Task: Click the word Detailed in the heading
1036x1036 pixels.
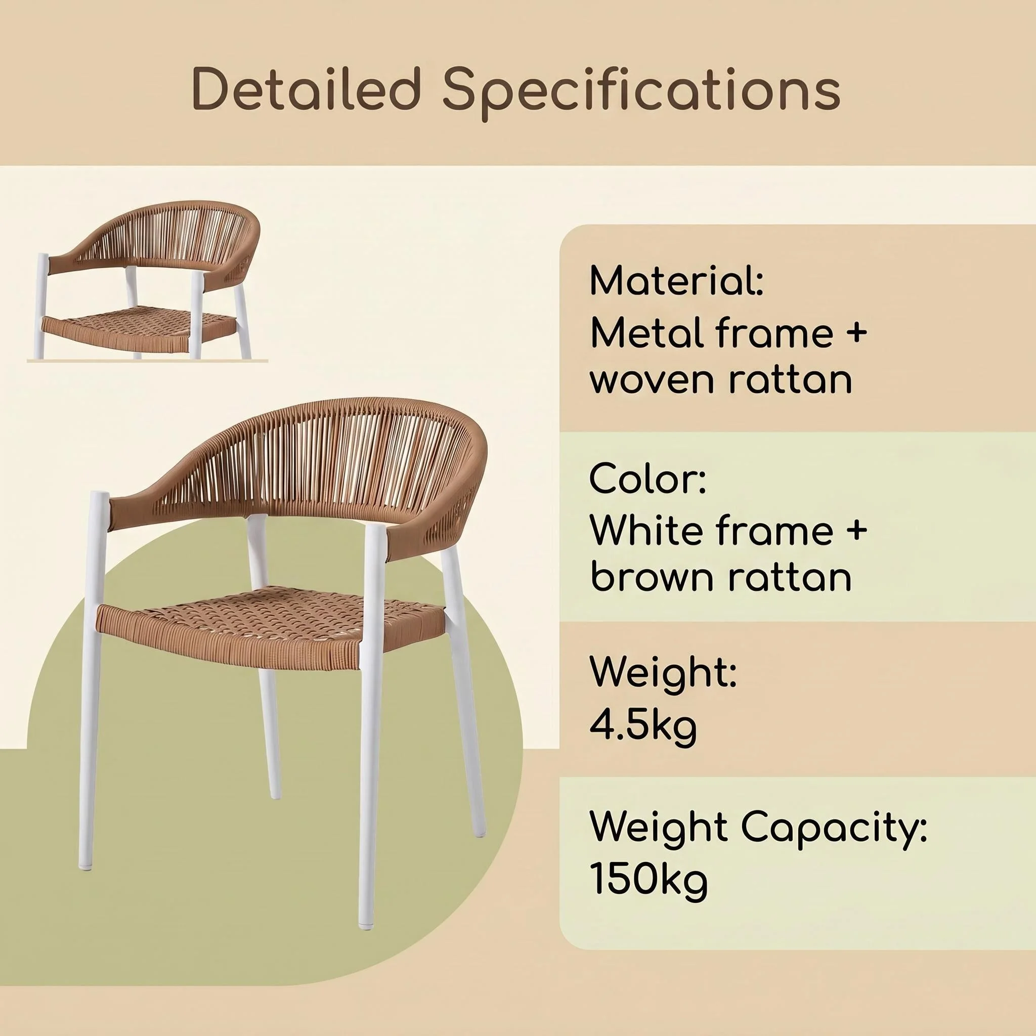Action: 305,89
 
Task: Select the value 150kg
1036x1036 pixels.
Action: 649,882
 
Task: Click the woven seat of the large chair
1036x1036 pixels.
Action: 271,625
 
